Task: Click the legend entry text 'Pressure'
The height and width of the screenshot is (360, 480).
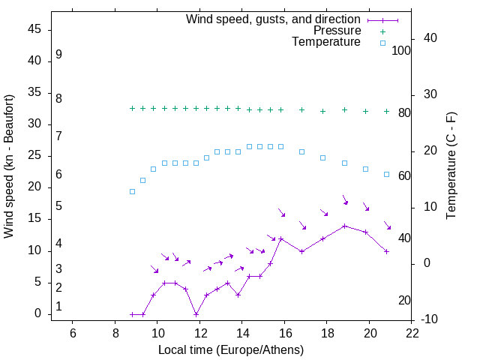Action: (337, 31)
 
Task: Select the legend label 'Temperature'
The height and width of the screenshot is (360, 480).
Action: (326, 43)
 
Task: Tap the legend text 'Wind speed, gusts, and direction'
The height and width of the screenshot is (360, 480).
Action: (273, 19)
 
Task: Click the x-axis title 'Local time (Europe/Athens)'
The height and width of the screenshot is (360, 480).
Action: (231, 349)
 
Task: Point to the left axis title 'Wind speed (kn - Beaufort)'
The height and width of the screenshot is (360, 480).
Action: (9, 166)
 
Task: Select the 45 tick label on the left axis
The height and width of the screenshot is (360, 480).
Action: (34, 29)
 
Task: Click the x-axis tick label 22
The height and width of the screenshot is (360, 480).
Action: (412, 333)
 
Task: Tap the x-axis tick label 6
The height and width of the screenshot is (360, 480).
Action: (73, 333)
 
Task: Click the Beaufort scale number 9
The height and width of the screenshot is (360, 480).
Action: (58, 55)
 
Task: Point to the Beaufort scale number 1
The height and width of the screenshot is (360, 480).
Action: (58, 307)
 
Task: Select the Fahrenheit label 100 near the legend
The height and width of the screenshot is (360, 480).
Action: (402, 50)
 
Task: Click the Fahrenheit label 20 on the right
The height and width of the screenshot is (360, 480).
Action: (404, 301)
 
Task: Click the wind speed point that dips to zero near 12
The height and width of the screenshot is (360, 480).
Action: (196, 314)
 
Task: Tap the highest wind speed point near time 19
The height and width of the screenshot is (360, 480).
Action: (344, 226)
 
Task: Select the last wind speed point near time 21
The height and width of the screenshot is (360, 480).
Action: (387, 251)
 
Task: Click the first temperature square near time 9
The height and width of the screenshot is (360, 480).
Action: (132, 191)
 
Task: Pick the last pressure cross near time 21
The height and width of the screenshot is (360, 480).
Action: (387, 111)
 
